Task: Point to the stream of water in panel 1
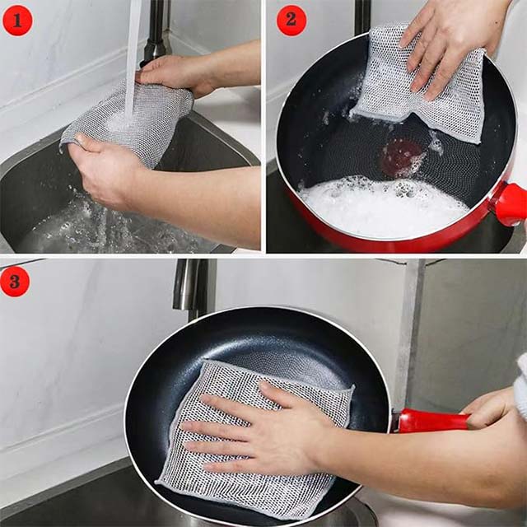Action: point(133,49)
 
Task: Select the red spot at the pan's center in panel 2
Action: point(402,155)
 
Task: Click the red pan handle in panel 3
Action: point(432,421)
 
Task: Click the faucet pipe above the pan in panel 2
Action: point(362,16)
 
